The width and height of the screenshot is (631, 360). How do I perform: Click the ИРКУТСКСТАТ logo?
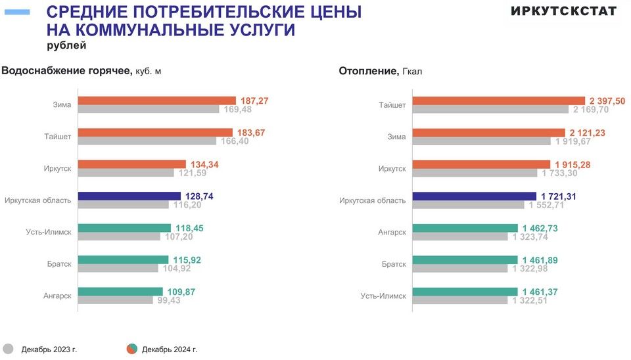click(x=563, y=11)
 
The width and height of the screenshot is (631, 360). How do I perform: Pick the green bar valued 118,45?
click(x=124, y=228)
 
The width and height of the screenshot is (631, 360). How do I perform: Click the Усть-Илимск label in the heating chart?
click(x=383, y=296)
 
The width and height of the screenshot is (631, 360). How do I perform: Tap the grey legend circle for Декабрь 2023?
click(x=8, y=349)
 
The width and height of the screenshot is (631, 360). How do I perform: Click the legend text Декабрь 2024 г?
click(x=170, y=349)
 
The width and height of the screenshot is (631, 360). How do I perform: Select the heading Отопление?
click(x=367, y=70)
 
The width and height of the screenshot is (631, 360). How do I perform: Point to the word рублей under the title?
click(x=66, y=46)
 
